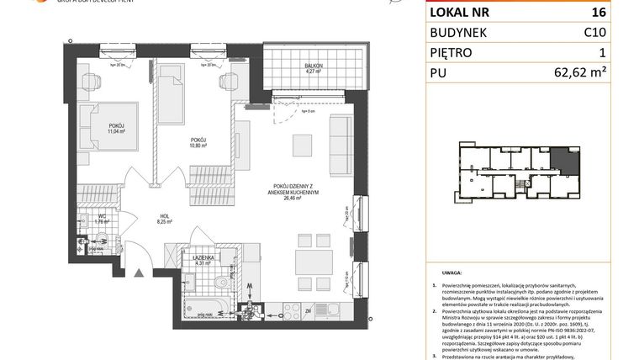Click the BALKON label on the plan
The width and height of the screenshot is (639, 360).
[314, 65]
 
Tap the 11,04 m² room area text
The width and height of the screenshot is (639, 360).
[116, 131]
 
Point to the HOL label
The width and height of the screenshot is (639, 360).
[165, 216]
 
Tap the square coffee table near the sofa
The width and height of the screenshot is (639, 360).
[303, 144]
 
